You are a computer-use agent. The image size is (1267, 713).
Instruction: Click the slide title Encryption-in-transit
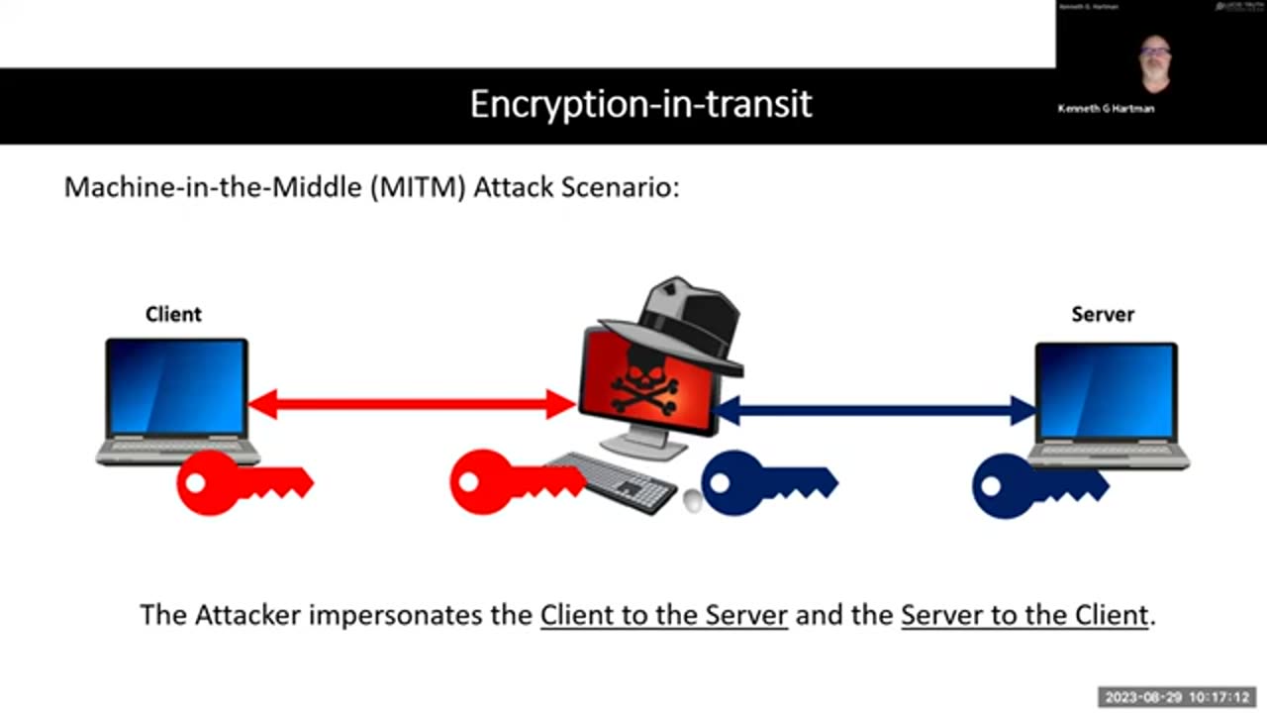click(x=640, y=104)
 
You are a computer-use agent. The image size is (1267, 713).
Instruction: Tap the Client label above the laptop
click(x=173, y=315)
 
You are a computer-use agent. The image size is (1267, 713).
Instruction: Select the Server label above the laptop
click(x=1103, y=315)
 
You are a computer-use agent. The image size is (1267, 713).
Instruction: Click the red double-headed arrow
click(x=411, y=404)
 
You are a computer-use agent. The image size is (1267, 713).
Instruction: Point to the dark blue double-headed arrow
click(x=875, y=409)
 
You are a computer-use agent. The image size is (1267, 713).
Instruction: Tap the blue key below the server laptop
click(x=1034, y=485)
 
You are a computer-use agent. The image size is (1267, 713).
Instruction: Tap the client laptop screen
click(x=176, y=387)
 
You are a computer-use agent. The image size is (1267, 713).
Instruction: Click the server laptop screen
click(x=1106, y=391)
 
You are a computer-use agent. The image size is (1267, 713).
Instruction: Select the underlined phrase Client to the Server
click(x=663, y=615)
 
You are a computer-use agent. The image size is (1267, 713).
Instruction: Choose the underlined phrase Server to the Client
click(x=1024, y=615)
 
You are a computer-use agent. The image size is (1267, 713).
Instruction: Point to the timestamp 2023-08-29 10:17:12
click(x=1178, y=697)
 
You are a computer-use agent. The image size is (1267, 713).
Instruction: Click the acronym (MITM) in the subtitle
click(x=421, y=186)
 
